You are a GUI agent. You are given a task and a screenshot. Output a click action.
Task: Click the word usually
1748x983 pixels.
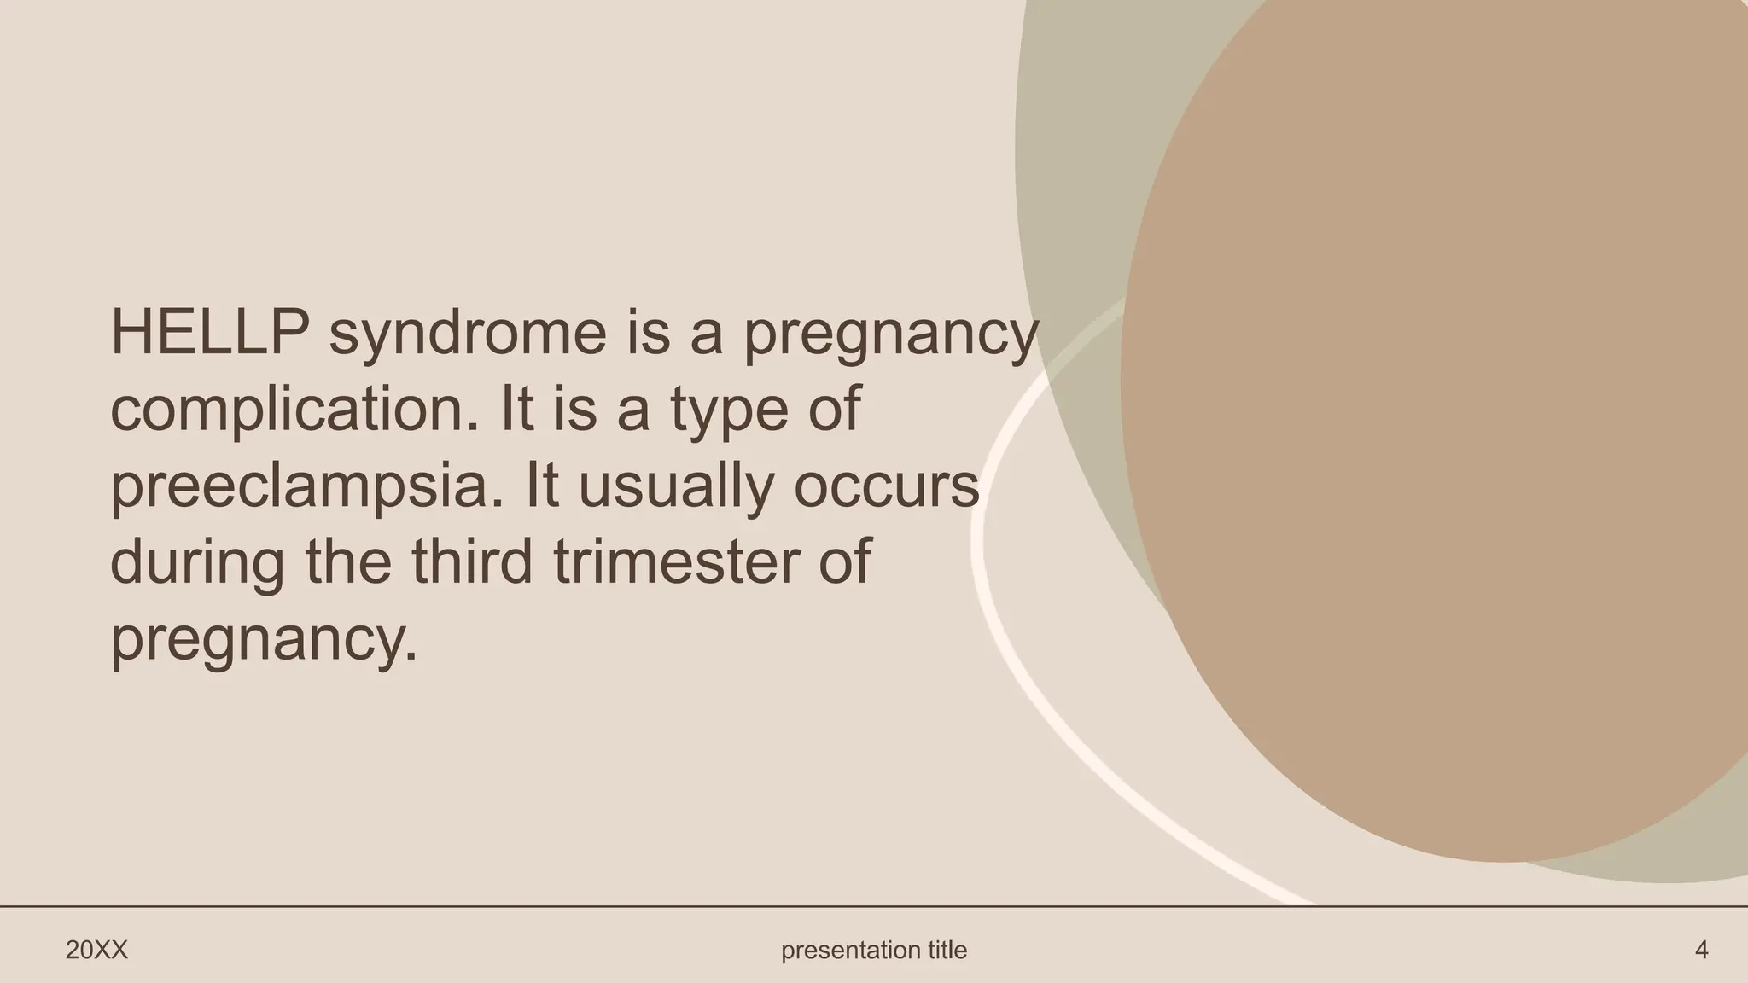[x=676, y=487]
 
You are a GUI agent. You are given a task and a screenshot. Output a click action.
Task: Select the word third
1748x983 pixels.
[x=471, y=562]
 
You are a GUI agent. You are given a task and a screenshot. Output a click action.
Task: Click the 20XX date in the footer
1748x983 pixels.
[x=96, y=950]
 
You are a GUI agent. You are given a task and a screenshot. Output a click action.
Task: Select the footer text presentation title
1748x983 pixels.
[x=874, y=950]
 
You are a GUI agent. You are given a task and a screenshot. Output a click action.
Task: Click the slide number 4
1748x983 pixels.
[x=1701, y=950]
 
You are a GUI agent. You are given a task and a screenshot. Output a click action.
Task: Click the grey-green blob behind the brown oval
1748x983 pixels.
[x=1075, y=171]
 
